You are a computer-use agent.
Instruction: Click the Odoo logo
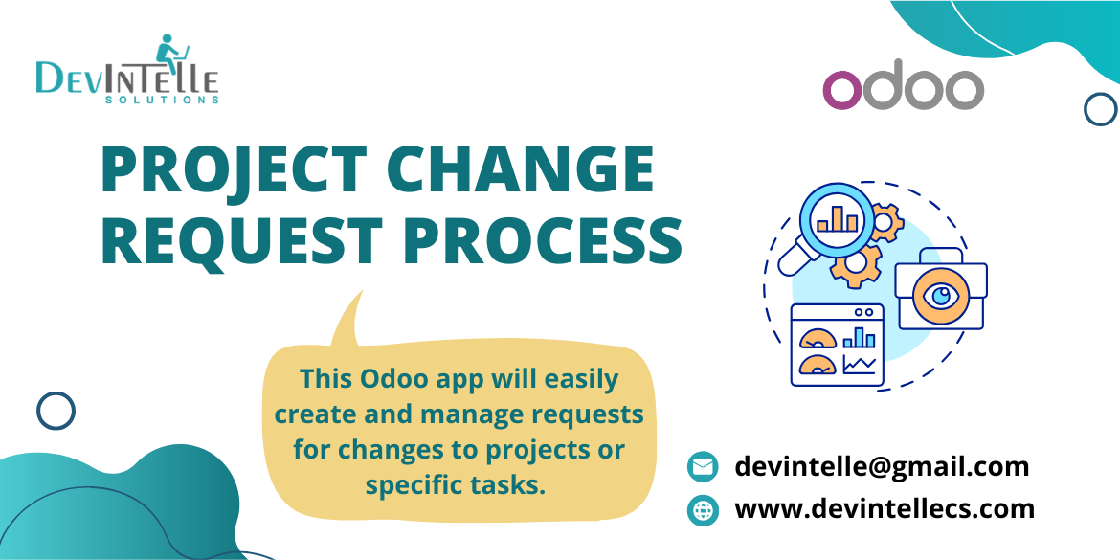point(903,89)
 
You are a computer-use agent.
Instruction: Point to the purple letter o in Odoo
point(843,90)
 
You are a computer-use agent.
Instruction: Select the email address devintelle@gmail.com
point(882,466)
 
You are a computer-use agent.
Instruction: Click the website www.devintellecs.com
point(884,508)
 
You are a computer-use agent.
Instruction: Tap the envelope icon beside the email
point(703,467)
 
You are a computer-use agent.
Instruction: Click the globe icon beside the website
point(703,510)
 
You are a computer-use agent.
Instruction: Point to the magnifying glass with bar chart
point(835,221)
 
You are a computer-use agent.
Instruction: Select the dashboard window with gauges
point(837,345)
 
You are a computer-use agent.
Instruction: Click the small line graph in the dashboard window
point(859,364)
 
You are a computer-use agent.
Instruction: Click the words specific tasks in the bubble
point(455,484)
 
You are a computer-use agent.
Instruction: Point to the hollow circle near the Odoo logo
point(1100,109)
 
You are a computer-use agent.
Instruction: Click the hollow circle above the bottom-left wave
point(56,412)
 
